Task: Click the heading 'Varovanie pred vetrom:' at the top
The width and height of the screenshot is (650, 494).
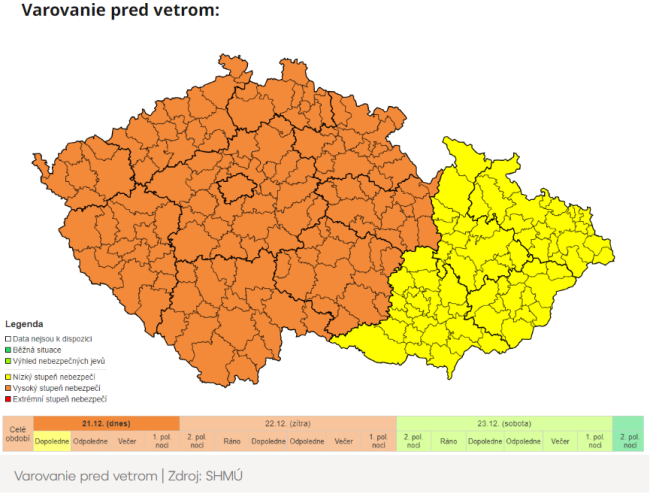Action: tap(119, 12)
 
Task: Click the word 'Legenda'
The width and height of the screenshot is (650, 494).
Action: tap(24, 325)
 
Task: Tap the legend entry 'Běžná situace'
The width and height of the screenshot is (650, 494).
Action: tap(40, 350)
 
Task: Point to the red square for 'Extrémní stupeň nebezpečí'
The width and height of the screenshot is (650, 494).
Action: tap(8, 399)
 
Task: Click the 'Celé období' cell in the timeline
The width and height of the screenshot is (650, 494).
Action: tap(17, 434)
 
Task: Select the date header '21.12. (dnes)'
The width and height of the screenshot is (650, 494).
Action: tap(106, 423)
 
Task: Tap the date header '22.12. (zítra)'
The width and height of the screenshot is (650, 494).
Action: tap(287, 423)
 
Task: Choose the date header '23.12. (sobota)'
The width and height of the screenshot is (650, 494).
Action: tap(504, 423)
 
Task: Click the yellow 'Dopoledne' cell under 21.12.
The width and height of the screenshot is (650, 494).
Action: tap(52, 441)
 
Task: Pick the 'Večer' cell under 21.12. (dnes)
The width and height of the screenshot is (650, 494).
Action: tap(127, 441)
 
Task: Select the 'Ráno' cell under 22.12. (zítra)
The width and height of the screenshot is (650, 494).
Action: tap(231, 441)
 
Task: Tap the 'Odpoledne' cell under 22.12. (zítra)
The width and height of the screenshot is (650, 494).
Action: tap(306, 441)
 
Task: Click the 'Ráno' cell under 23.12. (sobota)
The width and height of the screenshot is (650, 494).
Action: tap(448, 441)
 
